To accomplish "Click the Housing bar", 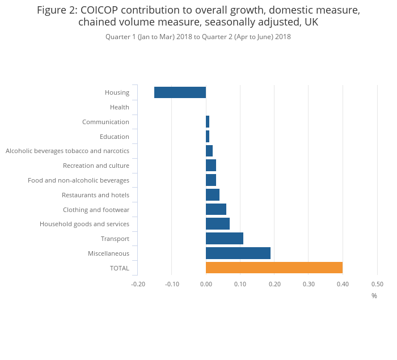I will click(x=180, y=92).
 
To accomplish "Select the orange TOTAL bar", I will click(x=274, y=268).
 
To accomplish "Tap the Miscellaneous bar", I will click(x=238, y=253).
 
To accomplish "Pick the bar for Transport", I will click(x=225, y=239).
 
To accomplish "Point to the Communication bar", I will click(x=208, y=122).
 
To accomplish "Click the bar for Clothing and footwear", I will click(x=216, y=210).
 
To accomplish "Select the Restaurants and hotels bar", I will click(x=213, y=195).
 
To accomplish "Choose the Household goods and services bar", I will click(x=218, y=224).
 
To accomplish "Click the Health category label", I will click(x=120, y=107).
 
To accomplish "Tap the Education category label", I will click(x=115, y=137).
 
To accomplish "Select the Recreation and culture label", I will click(x=96, y=166).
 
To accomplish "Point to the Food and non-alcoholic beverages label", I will click(x=78, y=180).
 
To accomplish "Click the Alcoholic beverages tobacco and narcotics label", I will click(x=67, y=151).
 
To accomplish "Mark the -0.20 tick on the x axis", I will click(x=138, y=284).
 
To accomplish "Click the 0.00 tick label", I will click(x=206, y=284).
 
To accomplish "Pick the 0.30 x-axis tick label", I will click(x=308, y=284).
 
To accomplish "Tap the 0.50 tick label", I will click(x=377, y=284).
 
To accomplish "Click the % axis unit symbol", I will click(x=374, y=296).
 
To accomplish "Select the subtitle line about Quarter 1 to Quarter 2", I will click(x=198, y=37).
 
